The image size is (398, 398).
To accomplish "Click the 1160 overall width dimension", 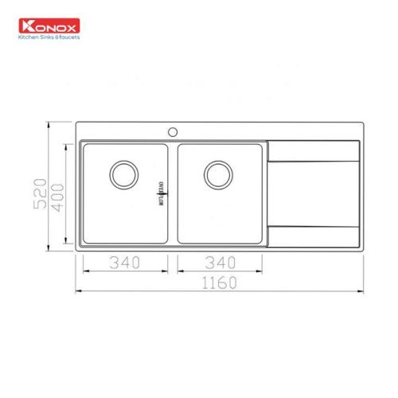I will pyautogui.click(x=220, y=281).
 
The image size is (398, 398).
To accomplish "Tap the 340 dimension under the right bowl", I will pyautogui.click(x=220, y=261).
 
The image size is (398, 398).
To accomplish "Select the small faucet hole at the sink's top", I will pyautogui.click(x=171, y=129).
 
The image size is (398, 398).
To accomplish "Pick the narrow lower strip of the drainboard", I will pyautogui.click(x=315, y=235).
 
